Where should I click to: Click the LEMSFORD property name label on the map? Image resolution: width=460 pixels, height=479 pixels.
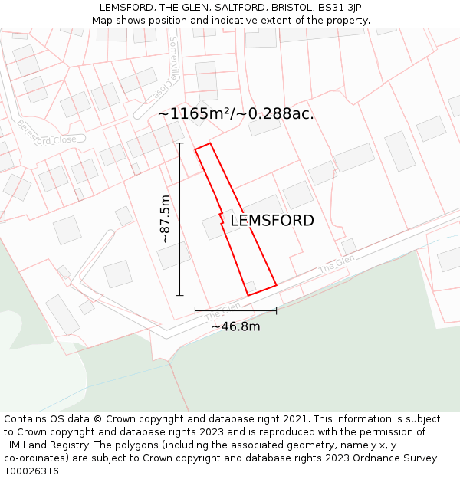(x=272, y=221)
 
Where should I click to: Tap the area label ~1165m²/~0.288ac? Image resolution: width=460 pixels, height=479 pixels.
(x=236, y=114)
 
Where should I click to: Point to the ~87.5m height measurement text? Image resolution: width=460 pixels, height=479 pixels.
(x=165, y=219)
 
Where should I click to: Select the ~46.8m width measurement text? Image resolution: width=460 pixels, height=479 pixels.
(x=235, y=326)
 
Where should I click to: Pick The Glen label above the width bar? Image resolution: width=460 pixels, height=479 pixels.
(x=223, y=310)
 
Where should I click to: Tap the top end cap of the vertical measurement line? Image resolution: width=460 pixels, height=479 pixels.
(x=180, y=143)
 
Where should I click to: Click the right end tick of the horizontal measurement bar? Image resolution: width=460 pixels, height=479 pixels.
(x=276, y=310)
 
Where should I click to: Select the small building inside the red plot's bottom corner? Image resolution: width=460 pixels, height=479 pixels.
(x=250, y=287)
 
